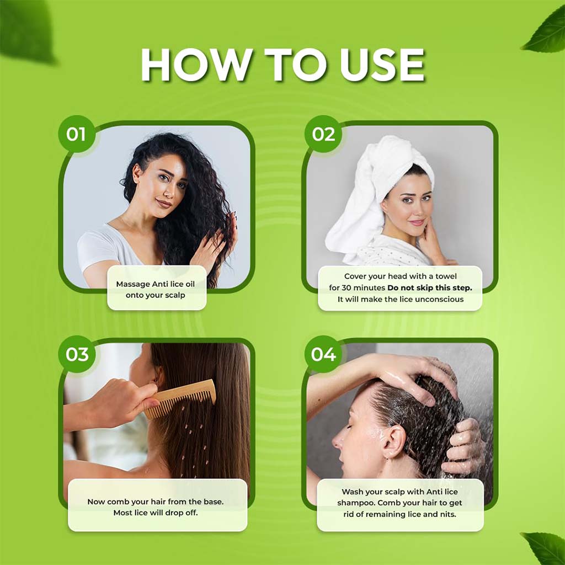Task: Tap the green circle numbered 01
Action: click(x=76, y=134)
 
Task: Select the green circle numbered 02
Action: click(x=323, y=134)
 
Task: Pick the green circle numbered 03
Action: click(x=76, y=354)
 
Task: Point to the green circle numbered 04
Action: click(x=323, y=354)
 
